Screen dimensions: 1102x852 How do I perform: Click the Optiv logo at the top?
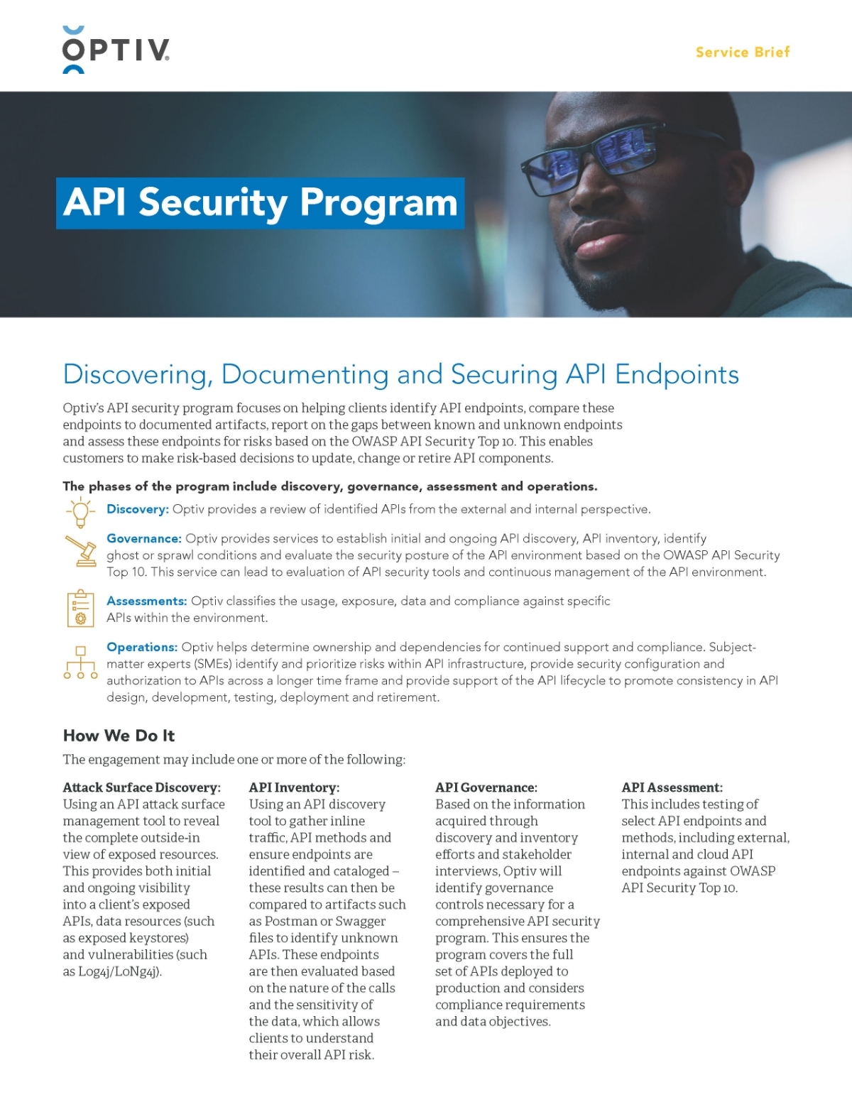116,50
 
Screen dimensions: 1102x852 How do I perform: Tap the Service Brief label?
742,52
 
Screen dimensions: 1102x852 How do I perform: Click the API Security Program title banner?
260,203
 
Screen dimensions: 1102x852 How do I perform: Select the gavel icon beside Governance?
80,550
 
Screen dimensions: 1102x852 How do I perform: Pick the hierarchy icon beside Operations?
80,662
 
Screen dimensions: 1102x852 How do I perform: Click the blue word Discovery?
138,509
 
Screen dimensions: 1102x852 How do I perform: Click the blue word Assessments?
147,601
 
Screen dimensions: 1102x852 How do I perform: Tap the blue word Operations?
142,648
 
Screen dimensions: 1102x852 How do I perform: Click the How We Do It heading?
119,736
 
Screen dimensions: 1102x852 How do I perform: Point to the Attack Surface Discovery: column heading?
142,787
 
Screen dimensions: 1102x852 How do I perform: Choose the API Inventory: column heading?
294,787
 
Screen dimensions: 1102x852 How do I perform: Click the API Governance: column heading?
486,787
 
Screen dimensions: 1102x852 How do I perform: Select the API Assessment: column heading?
672,787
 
